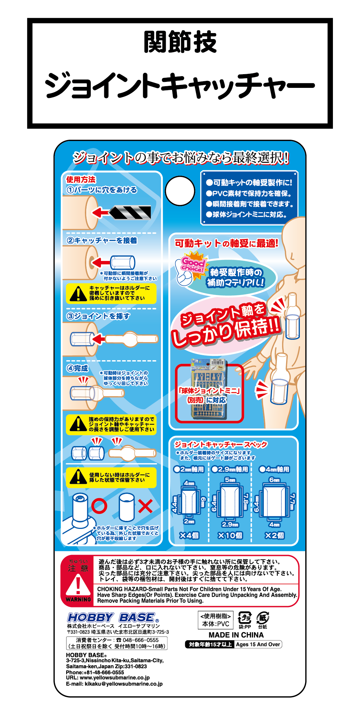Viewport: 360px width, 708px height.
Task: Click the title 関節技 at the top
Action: tap(180, 42)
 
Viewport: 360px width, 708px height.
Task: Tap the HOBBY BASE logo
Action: tap(113, 617)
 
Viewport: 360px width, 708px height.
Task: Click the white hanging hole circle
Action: tap(180, 191)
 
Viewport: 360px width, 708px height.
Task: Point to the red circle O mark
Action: tap(99, 506)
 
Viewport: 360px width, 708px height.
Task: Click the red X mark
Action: tap(145, 506)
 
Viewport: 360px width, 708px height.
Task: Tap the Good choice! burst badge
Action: tap(193, 264)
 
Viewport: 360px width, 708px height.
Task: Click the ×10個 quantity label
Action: tap(230, 536)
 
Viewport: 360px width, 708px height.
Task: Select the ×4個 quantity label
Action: tap(189, 536)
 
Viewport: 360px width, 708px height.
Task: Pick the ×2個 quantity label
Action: tap(274, 536)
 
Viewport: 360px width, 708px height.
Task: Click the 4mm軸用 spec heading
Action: tap(274, 469)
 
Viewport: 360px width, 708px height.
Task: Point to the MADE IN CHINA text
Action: tap(236, 635)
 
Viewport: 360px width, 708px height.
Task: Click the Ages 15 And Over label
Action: tap(258, 645)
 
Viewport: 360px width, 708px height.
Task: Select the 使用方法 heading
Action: tap(81, 180)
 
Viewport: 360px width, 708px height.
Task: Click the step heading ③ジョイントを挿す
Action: tap(98, 316)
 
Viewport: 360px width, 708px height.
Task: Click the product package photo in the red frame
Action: tap(210, 390)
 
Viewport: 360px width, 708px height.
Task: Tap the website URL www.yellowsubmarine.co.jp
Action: tap(115, 678)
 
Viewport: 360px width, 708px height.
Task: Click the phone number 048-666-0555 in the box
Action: tap(141, 640)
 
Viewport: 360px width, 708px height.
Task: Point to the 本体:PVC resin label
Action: tap(216, 624)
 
